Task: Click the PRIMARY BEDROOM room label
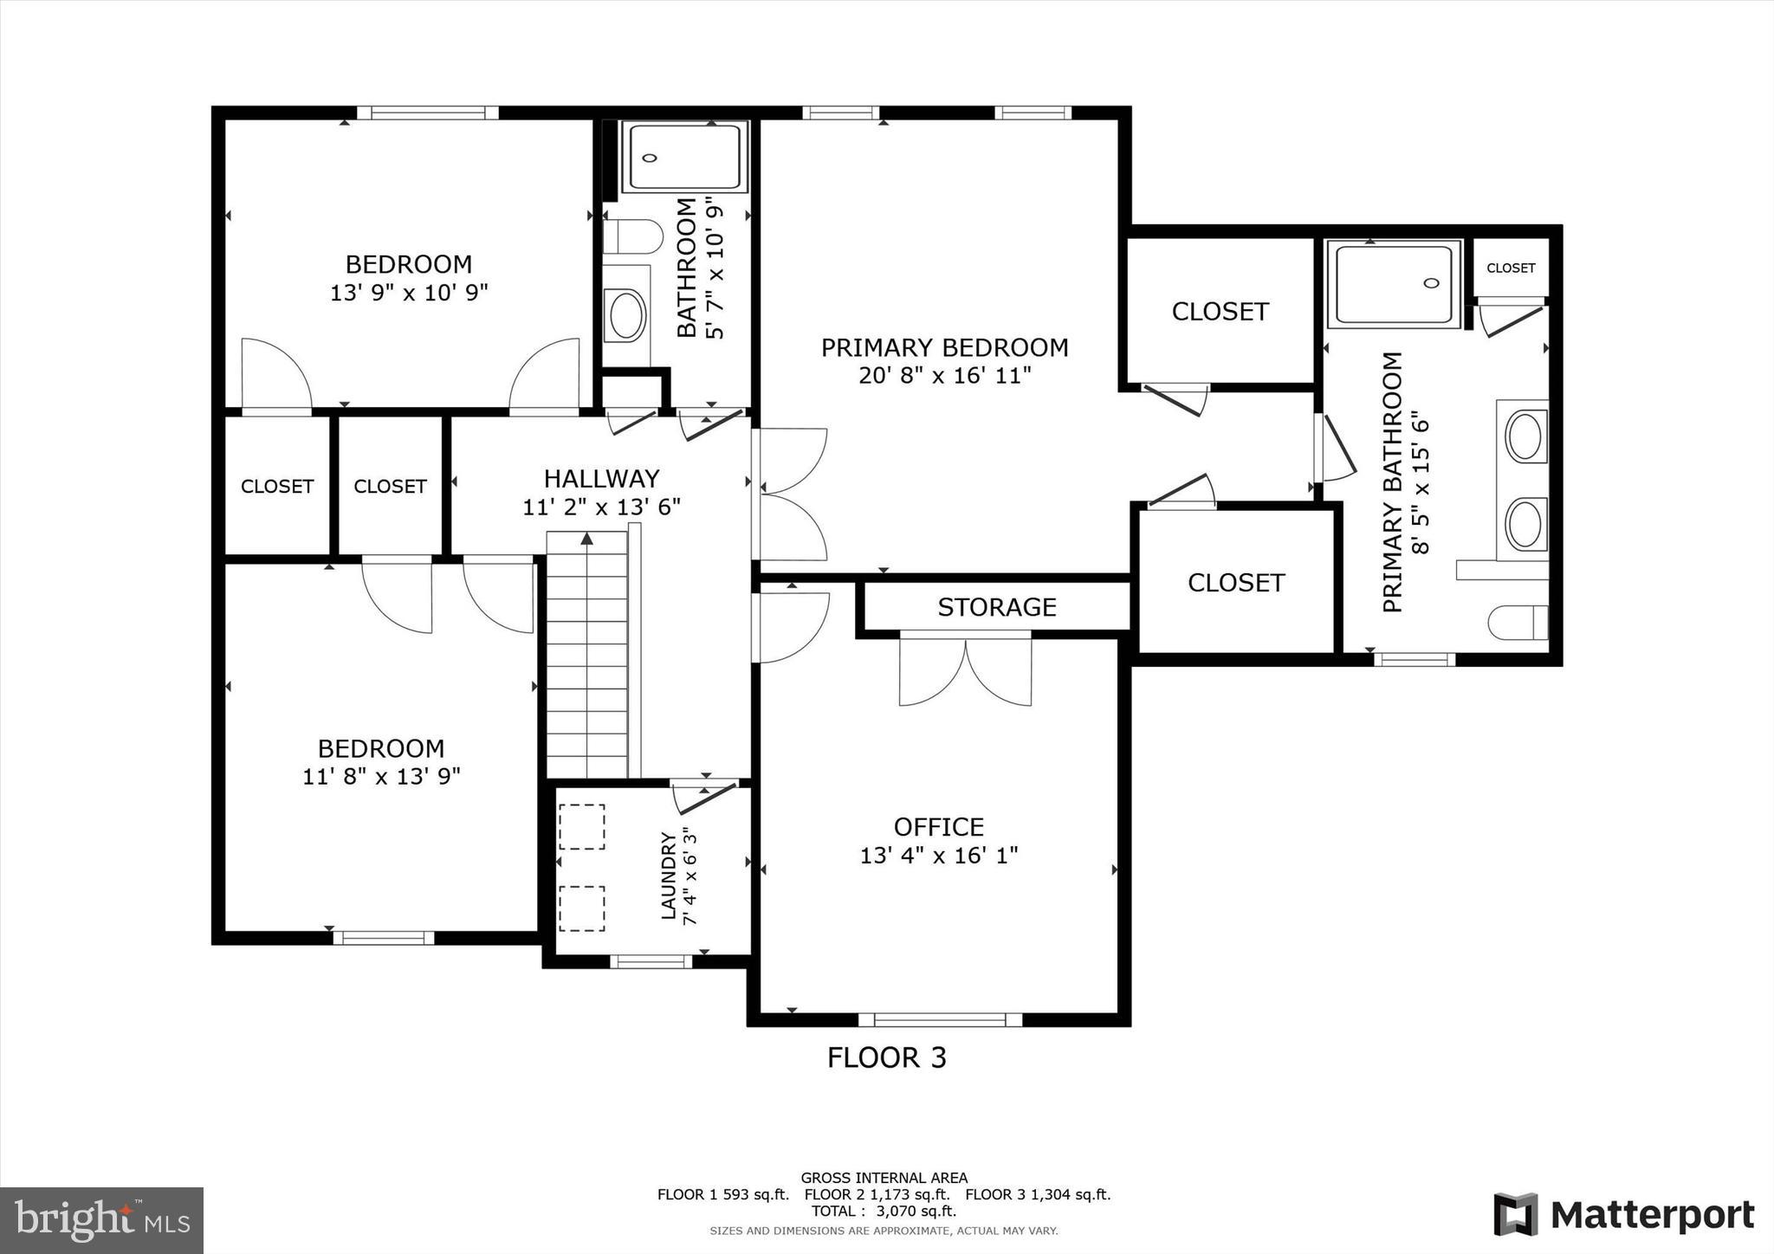point(944,347)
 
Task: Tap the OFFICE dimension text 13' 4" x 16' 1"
point(938,856)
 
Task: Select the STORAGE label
point(996,607)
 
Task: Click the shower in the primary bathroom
point(1394,283)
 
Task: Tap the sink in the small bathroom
point(627,315)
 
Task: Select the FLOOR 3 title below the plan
point(886,1057)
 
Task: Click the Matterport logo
point(1623,1214)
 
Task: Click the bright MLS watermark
point(101,1220)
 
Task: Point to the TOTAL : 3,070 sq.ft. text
point(884,1212)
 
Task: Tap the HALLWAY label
point(601,478)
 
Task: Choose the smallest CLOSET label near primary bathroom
point(1511,268)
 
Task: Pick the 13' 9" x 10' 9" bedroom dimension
point(409,293)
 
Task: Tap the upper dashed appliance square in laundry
point(581,826)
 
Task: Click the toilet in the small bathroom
point(632,236)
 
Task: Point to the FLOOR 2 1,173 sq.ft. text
point(877,1194)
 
